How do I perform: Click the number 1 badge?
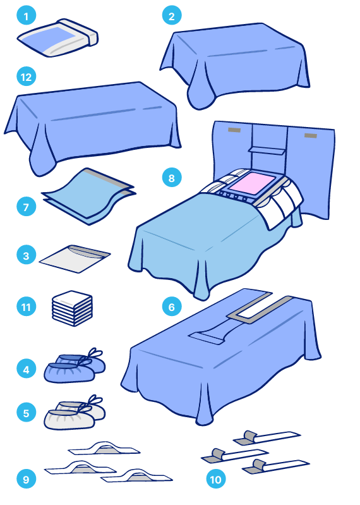coord(26,15)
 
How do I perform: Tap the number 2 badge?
coord(172,15)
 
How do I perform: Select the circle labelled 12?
coord(26,76)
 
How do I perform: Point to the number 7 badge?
coord(26,207)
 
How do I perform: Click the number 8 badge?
coord(172,178)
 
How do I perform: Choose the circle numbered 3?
coord(26,255)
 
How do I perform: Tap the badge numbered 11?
coord(26,307)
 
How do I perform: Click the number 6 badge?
coord(172,307)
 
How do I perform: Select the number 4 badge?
coord(26,369)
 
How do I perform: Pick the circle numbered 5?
coord(26,413)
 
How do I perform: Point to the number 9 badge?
coord(26,479)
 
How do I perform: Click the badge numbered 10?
coord(216,479)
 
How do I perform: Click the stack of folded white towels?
coord(73,308)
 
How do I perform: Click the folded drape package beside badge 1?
coord(58,38)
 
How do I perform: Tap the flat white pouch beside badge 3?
coord(75,259)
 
